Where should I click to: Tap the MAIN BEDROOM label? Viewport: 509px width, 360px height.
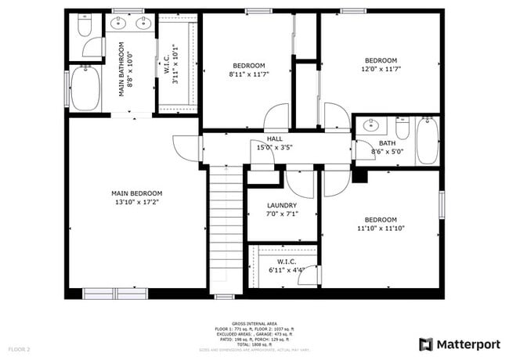[x=136, y=193]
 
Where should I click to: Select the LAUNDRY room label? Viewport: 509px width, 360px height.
[x=281, y=205]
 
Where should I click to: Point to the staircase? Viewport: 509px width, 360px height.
[x=225, y=231]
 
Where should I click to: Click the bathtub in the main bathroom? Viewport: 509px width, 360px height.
[x=85, y=88]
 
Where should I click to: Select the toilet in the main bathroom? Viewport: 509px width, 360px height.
[x=85, y=27]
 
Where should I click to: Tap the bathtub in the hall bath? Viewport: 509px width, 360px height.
[x=427, y=140]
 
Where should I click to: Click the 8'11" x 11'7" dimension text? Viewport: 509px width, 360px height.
[x=248, y=74]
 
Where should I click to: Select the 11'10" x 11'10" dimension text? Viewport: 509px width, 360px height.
[x=381, y=229]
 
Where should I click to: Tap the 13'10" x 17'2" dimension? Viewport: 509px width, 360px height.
[x=136, y=202]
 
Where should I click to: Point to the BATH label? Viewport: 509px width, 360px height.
[x=387, y=143]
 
